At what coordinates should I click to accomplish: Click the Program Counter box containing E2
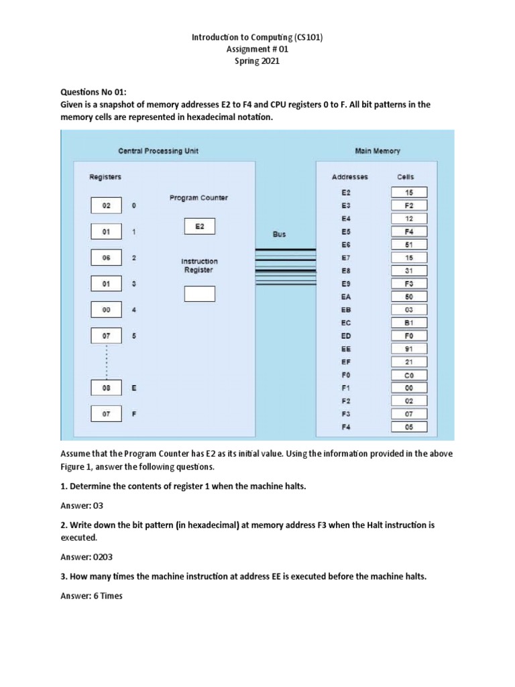(x=199, y=227)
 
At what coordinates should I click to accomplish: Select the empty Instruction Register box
(x=199, y=294)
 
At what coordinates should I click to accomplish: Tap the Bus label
(x=279, y=235)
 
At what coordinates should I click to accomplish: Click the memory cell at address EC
(x=409, y=323)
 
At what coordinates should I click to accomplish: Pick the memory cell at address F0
(x=409, y=375)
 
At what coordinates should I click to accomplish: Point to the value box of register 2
(x=106, y=258)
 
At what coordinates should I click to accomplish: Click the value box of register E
(x=106, y=388)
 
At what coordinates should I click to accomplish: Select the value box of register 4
(x=106, y=310)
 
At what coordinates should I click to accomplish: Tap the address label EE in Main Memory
(x=346, y=349)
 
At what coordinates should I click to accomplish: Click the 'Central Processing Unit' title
(x=158, y=151)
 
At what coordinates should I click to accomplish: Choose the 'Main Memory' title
(x=378, y=151)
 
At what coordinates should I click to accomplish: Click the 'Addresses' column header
(x=349, y=177)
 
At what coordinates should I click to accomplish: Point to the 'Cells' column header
(x=405, y=177)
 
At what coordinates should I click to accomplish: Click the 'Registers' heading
(x=105, y=177)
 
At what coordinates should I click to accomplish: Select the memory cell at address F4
(x=409, y=427)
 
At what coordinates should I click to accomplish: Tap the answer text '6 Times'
(x=96, y=596)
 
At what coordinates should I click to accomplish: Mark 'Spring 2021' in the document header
(x=257, y=61)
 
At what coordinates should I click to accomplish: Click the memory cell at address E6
(x=409, y=244)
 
